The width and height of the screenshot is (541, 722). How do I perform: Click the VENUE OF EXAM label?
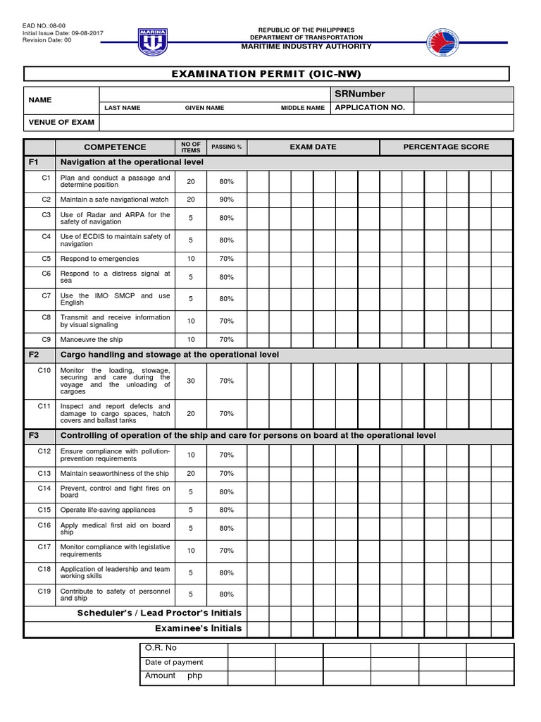tap(61, 122)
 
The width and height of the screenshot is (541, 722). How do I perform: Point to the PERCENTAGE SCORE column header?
tap(446, 147)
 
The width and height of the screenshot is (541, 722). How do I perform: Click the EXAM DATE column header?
tap(313, 147)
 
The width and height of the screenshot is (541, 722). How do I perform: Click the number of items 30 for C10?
tap(191, 381)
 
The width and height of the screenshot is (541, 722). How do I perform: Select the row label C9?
tap(46, 340)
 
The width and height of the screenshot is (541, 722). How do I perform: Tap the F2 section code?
tap(34, 355)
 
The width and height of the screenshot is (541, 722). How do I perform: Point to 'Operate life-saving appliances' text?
tap(108, 510)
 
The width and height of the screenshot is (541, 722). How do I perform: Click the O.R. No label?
tap(161, 648)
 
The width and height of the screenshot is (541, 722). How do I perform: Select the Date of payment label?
tap(174, 662)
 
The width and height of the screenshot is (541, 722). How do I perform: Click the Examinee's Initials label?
tap(198, 628)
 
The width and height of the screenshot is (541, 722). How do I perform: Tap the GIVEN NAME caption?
tap(204, 108)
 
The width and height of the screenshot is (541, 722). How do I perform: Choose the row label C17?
tap(45, 546)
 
